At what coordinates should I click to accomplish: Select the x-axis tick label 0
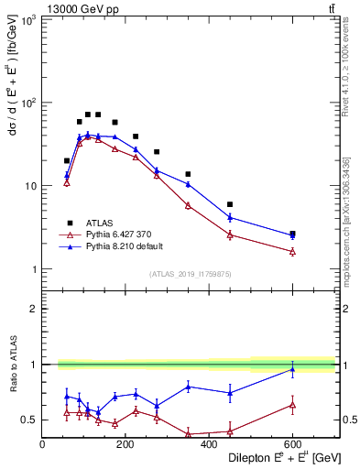42,445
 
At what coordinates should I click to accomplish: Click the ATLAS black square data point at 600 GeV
292,234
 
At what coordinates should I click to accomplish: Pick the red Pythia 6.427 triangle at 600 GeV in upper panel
292,251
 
